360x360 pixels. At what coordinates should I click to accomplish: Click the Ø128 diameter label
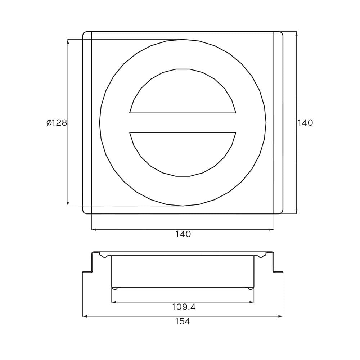click(57, 123)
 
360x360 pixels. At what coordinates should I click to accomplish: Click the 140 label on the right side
click(305, 123)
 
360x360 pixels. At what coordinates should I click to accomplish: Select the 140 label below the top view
click(183, 234)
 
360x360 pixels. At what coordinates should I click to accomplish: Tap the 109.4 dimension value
click(184, 307)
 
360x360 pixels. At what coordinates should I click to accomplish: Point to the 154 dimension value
click(183, 321)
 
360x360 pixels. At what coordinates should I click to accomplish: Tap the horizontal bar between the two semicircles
click(183, 123)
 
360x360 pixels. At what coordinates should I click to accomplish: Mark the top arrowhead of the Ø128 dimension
click(68, 41)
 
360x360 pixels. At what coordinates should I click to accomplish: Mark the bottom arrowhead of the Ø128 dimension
click(68, 203)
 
